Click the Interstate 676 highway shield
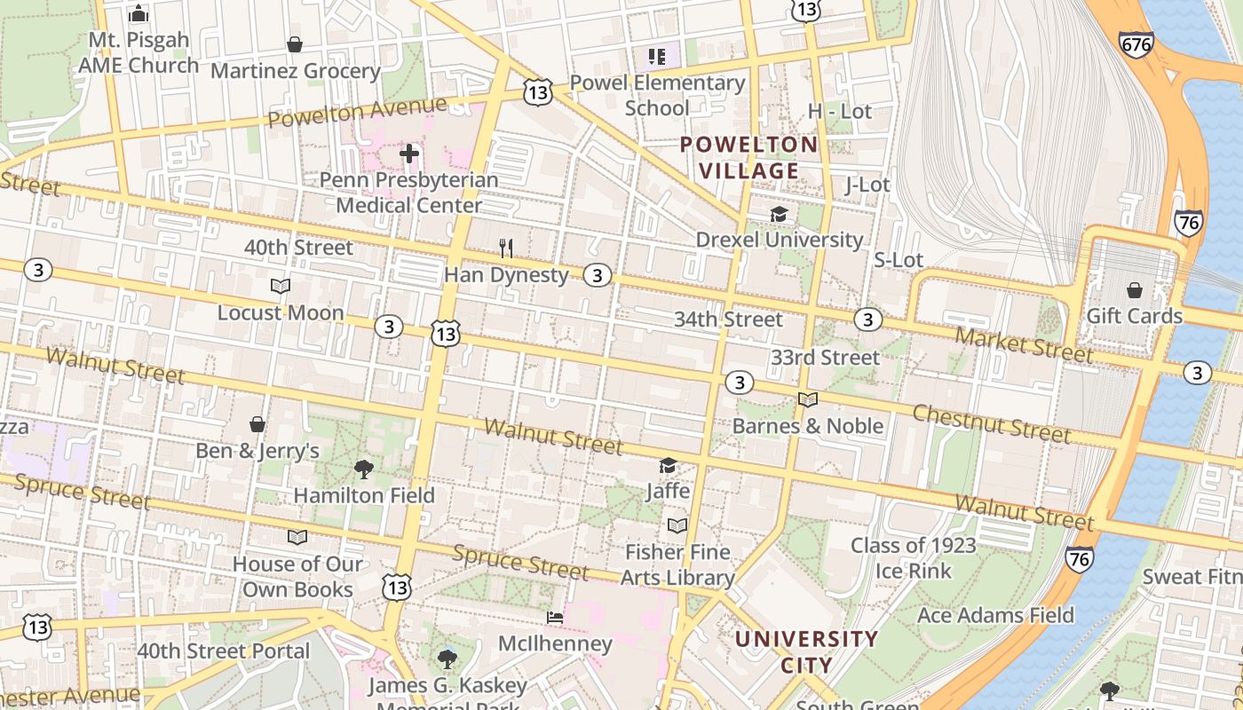click(1136, 44)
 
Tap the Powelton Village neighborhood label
click(748, 157)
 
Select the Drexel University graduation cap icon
click(779, 215)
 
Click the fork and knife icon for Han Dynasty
click(506, 248)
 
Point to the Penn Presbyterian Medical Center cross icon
click(409, 154)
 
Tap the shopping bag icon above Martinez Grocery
click(295, 44)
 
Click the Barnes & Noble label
click(807, 426)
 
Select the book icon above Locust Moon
click(281, 287)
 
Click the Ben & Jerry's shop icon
click(257, 425)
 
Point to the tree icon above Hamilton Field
click(363, 469)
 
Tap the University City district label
click(806, 651)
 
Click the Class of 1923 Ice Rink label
click(914, 557)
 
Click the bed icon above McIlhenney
click(555, 618)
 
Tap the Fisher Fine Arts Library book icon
click(677, 525)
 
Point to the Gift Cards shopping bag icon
click(1134, 290)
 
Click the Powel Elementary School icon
click(657, 58)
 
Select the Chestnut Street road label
click(992, 422)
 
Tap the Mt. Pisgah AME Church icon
click(139, 14)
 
